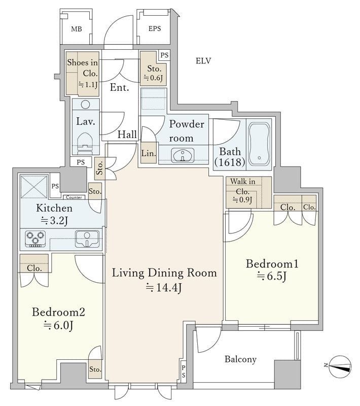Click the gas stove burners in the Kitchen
click(35, 239)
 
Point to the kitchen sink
click(87, 239)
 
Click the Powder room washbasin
click(184, 156)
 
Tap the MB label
click(77, 29)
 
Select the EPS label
click(155, 28)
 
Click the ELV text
click(203, 61)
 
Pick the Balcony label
click(240, 359)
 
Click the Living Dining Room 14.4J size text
click(164, 287)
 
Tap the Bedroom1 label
click(272, 264)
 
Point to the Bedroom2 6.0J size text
click(58, 325)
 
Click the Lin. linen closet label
click(149, 153)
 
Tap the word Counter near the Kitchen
click(74, 197)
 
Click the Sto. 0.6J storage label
click(154, 73)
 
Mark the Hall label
click(127, 134)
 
